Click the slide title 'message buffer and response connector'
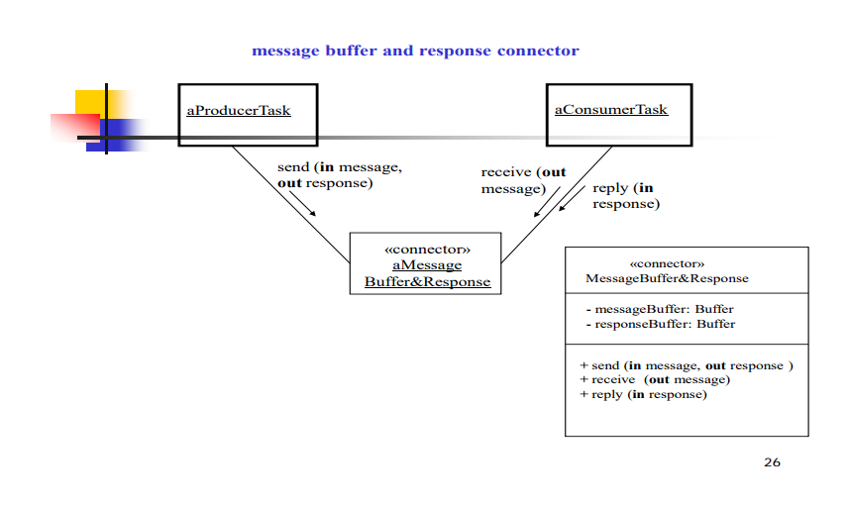[x=415, y=51]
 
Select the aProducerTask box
[x=248, y=115]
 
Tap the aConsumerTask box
[x=619, y=115]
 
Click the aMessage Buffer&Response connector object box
[x=426, y=264]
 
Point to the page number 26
[x=772, y=462]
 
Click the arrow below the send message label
[x=301, y=204]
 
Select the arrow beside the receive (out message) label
[x=547, y=201]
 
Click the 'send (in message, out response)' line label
[x=339, y=175]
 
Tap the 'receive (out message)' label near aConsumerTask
[x=523, y=180]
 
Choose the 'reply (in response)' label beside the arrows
[x=624, y=195]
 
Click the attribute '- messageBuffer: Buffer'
[x=659, y=309]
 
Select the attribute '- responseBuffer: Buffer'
[x=660, y=324]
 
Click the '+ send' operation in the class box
[x=686, y=365]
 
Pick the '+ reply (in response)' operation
[x=643, y=394]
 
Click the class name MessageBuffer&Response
[x=667, y=278]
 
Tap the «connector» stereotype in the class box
[x=667, y=264]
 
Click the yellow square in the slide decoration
[x=90, y=101]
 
